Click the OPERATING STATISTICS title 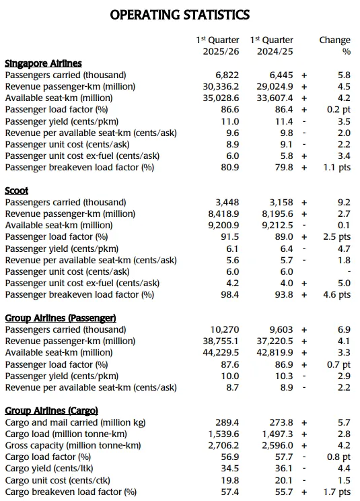click(180, 15)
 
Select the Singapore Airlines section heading click(44, 63)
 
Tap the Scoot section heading click(17, 191)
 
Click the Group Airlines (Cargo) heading click(51, 411)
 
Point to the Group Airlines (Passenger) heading click(61, 318)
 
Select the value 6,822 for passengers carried click(227, 75)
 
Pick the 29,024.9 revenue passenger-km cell click(275, 87)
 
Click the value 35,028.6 click(221, 98)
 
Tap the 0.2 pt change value click(338, 110)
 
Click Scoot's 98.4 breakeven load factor click(229, 294)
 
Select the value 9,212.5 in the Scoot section click(277, 226)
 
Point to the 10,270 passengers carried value click(225, 329)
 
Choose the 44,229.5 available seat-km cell click(221, 352)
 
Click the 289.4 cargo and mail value click(227, 422)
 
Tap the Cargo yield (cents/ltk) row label click(49, 469)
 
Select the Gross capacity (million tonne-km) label click(73, 445)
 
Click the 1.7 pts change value click(336, 492)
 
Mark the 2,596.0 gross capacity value click(277, 445)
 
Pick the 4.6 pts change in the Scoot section click(336, 294)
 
